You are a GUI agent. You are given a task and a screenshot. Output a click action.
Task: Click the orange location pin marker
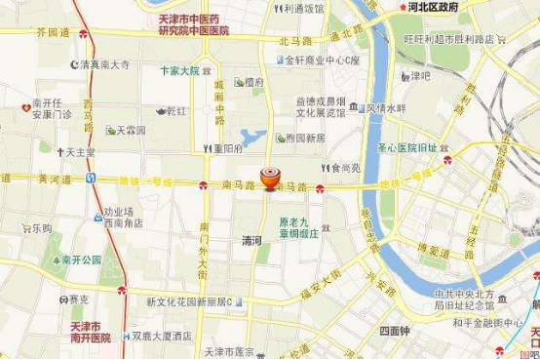(x=270, y=179)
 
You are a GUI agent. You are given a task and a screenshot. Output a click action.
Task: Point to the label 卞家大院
(x=179, y=71)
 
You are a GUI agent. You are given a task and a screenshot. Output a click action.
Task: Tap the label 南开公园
(x=80, y=260)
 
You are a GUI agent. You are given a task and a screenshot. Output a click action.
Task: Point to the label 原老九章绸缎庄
(x=299, y=227)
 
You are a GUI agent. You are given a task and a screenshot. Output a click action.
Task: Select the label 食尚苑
(x=345, y=168)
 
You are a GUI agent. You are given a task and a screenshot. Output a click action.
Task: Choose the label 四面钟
(x=396, y=331)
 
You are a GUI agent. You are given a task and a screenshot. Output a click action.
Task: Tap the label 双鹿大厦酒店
(x=162, y=336)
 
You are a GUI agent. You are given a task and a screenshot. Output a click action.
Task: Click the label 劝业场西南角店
(x=123, y=217)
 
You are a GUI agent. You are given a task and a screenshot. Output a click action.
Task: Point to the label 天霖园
(x=131, y=130)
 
